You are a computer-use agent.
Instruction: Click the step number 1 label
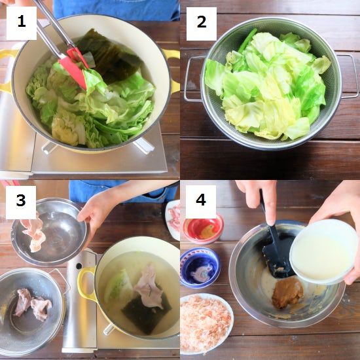pyautogui.click(x=22, y=23)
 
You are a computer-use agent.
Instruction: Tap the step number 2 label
pyautogui.click(x=202, y=24)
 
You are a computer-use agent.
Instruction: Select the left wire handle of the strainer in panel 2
pyautogui.click(x=193, y=79)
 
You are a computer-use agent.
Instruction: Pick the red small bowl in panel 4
pyautogui.click(x=203, y=228)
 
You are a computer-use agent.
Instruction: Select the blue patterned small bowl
pyautogui.click(x=200, y=268)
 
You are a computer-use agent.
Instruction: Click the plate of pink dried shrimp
pyautogui.click(x=206, y=324)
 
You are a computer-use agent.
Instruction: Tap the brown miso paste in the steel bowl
pyautogui.click(x=287, y=293)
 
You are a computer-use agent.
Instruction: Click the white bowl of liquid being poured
pyautogui.click(x=324, y=251)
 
